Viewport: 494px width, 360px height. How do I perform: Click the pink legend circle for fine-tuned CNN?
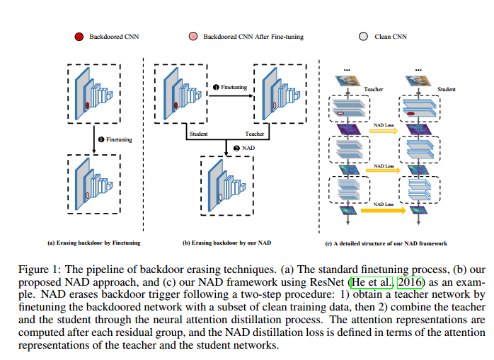[x=193, y=35]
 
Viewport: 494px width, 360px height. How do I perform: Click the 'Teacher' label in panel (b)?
[x=253, y=134]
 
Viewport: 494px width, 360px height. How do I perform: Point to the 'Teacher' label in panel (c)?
[x=373, y=90]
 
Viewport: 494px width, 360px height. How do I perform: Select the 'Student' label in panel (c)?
[x=447, y=90]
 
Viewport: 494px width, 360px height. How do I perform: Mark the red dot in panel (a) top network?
[x=87, y=105]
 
